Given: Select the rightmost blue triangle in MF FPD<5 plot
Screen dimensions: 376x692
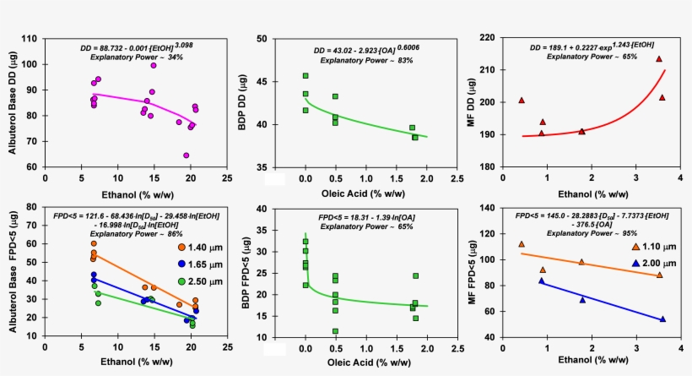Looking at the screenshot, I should point(662,319).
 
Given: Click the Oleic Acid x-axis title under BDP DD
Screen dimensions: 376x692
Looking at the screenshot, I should point(363,193).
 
